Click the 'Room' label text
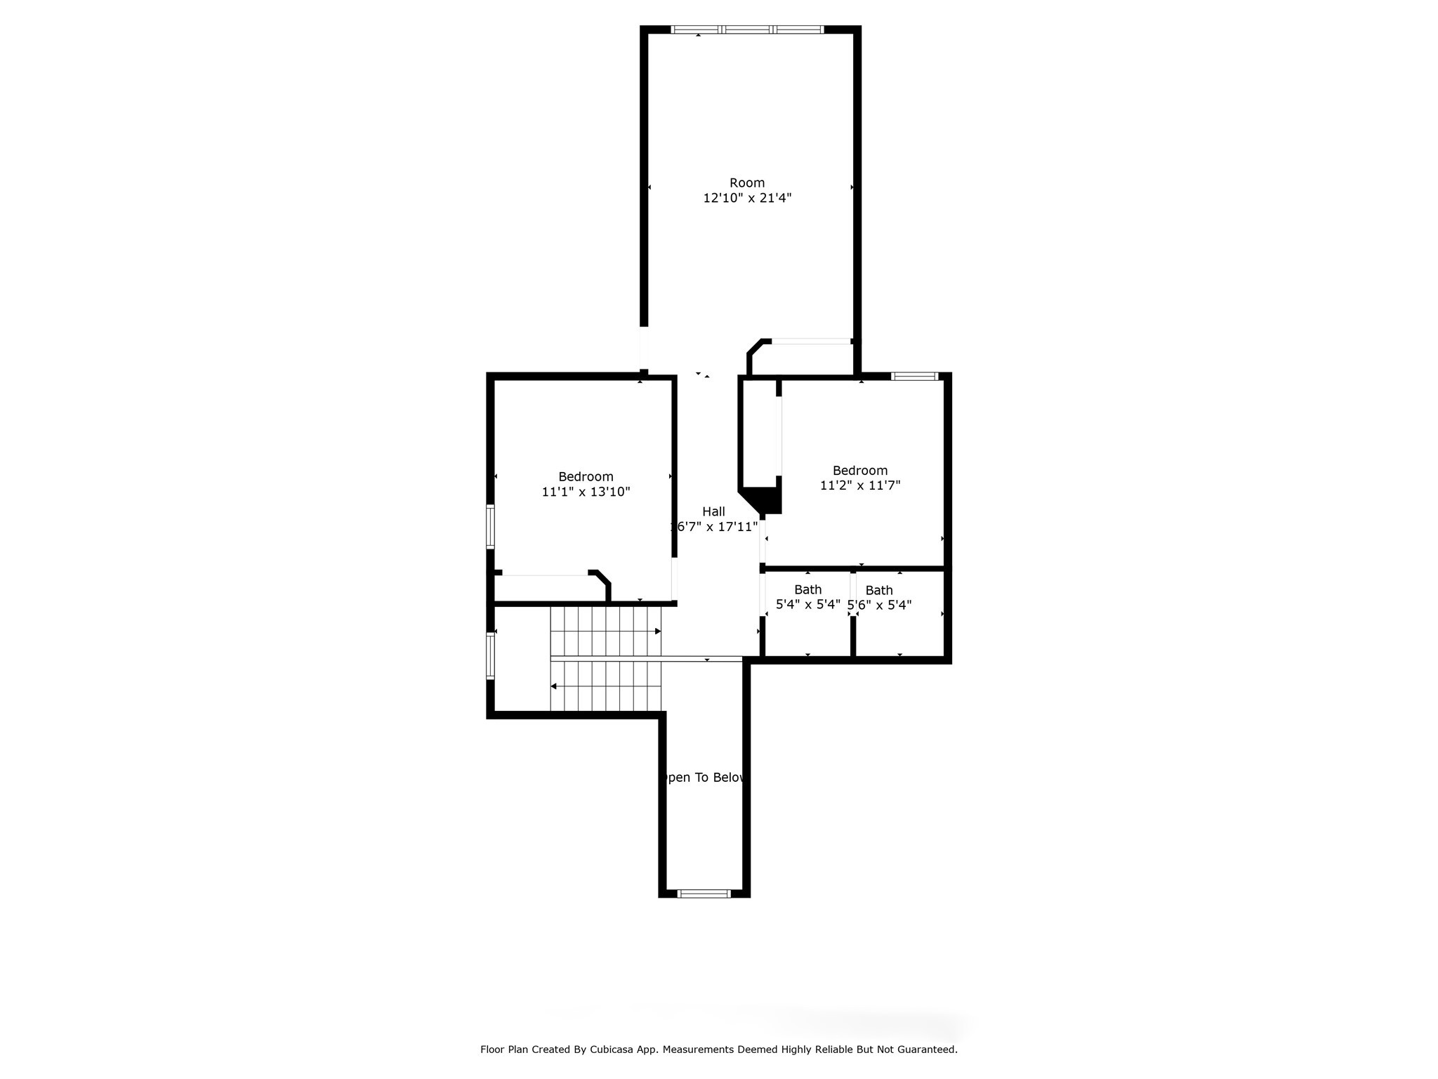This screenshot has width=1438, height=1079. click(746, 183)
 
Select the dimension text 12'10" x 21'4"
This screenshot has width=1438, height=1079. click(747, 198)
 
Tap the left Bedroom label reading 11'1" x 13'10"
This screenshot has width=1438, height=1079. click(586, 492)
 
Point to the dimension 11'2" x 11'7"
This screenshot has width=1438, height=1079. click(859, 485)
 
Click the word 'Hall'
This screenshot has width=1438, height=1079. click(713, 511)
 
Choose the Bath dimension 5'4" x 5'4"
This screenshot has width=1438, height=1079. click(807, 604)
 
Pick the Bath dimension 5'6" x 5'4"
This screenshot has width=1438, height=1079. click(880, 605)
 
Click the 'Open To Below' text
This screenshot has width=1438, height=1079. click(704, 778)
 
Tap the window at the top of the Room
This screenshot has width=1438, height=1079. click(747, 30)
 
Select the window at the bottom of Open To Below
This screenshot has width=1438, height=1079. click(704, 894)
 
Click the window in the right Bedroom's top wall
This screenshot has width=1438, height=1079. click(914, 377)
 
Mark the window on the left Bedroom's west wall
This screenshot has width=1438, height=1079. click(490, 527)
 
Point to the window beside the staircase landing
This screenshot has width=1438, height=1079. click(490, 655)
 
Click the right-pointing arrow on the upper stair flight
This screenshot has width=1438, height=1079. click(657, 632)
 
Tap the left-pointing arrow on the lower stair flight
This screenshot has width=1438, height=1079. click(554, 686)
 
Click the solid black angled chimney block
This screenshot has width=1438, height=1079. click(767, 499)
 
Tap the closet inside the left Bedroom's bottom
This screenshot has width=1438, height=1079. click(548, 589)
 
